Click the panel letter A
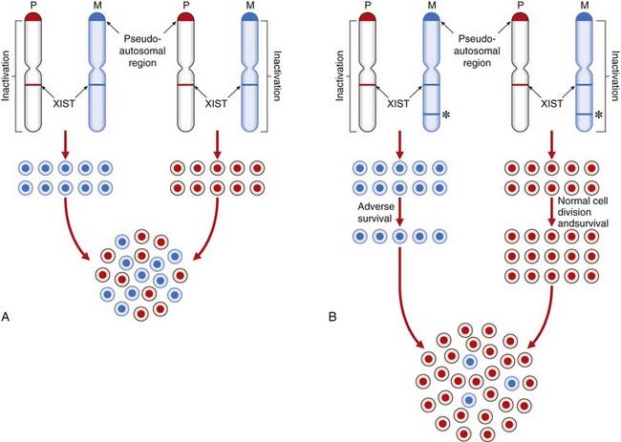pyautogui.click(x=9, y=313)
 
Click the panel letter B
pyautogui.click(x=327, y=313)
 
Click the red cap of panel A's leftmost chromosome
pyautogui.click(x=35, y=19)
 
